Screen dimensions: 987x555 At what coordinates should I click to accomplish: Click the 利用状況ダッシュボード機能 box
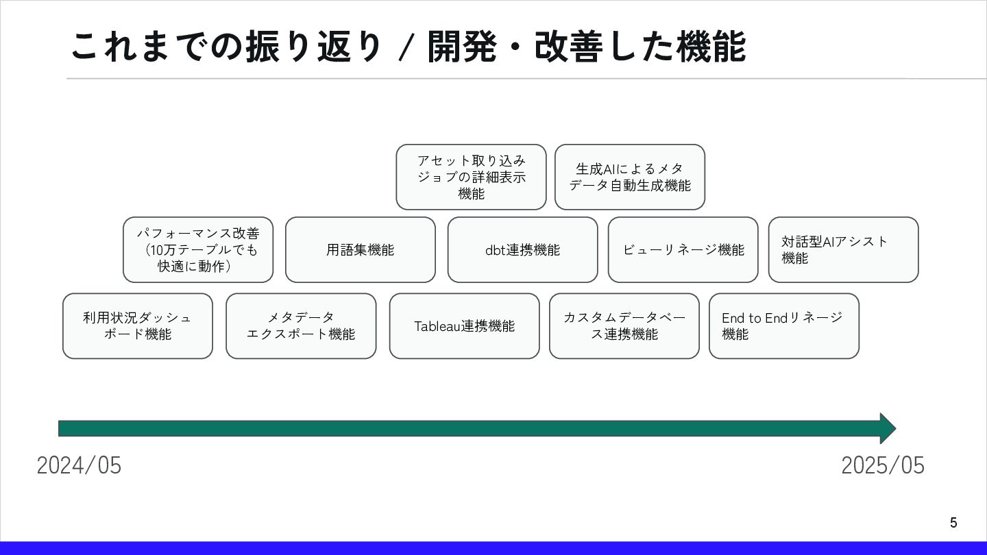[x=138, y=326]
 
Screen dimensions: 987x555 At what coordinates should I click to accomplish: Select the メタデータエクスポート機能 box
[x=301, y=326]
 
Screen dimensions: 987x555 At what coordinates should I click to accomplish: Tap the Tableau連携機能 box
[x=464, y=326]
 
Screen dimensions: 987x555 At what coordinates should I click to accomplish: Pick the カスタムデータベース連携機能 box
[x=624, y=326]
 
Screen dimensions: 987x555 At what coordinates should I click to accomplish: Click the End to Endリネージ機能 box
[x=783, y=326]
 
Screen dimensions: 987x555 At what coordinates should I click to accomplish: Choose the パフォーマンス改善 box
[x=198, y=250]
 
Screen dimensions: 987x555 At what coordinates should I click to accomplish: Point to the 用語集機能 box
[x=361, y=250]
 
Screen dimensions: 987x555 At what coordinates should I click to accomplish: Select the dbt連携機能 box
[x=522, y=250]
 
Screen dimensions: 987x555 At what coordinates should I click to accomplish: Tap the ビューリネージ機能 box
[x=683, y=250]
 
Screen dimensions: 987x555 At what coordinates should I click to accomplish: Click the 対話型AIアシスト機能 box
[x=843, y=250]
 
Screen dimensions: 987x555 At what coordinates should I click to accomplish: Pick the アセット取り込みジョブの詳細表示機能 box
[x=471, y=177]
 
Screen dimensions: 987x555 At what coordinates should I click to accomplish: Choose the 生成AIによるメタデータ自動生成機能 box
[x=630, y=177]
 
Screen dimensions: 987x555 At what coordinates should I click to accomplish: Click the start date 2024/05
[x=79, y=466]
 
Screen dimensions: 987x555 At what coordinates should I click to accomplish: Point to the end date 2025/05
[x=883, y=466]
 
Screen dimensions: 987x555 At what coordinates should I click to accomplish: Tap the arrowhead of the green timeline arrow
[x=887, y=428]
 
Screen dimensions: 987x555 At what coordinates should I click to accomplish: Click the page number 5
[x=953, y=523]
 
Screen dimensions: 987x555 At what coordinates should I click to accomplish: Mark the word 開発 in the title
[x=461, y=47]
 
